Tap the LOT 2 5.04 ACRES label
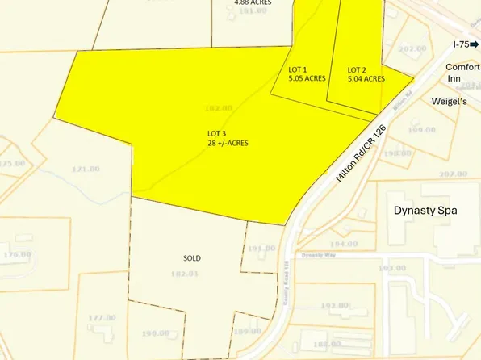click(x=366, y=74)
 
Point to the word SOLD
click(x=191, y=258)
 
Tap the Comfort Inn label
click(x=462, y=73)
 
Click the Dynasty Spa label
click(x=425, y=211)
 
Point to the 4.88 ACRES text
click(x=253, y=2)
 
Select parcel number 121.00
click(x=86, y=169)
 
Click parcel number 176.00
click(x=16, y=254)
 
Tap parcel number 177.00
click(x=102, y=318)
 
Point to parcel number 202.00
click(x=412, y=48)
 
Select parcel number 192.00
click(x=333, y=305)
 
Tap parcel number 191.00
click(x=262, y=248)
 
